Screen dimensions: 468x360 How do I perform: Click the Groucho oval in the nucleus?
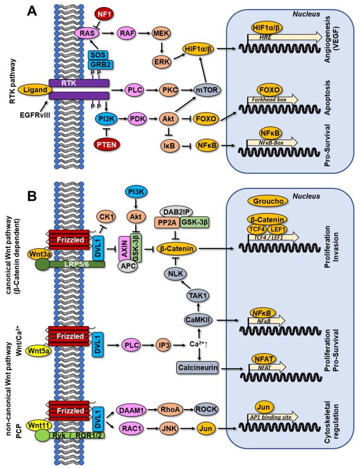click(269, 200)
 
